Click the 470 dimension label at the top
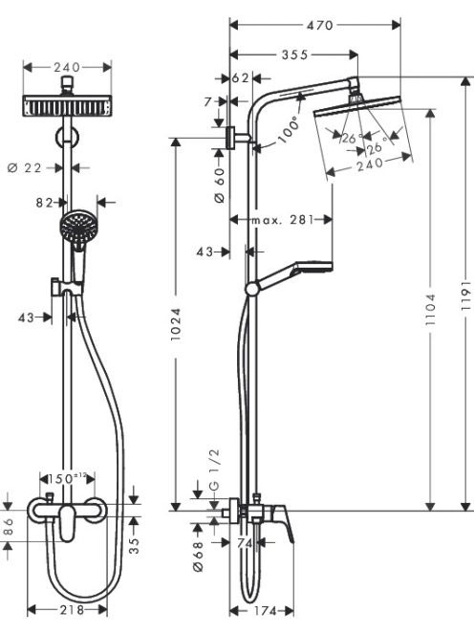[320, 25]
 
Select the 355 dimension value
[294, 55]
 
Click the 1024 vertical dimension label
[175, 324]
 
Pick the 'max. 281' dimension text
[283, 220]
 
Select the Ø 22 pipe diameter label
[25, 167]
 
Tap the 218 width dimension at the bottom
[72, 609]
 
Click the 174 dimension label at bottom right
[265, 611]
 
